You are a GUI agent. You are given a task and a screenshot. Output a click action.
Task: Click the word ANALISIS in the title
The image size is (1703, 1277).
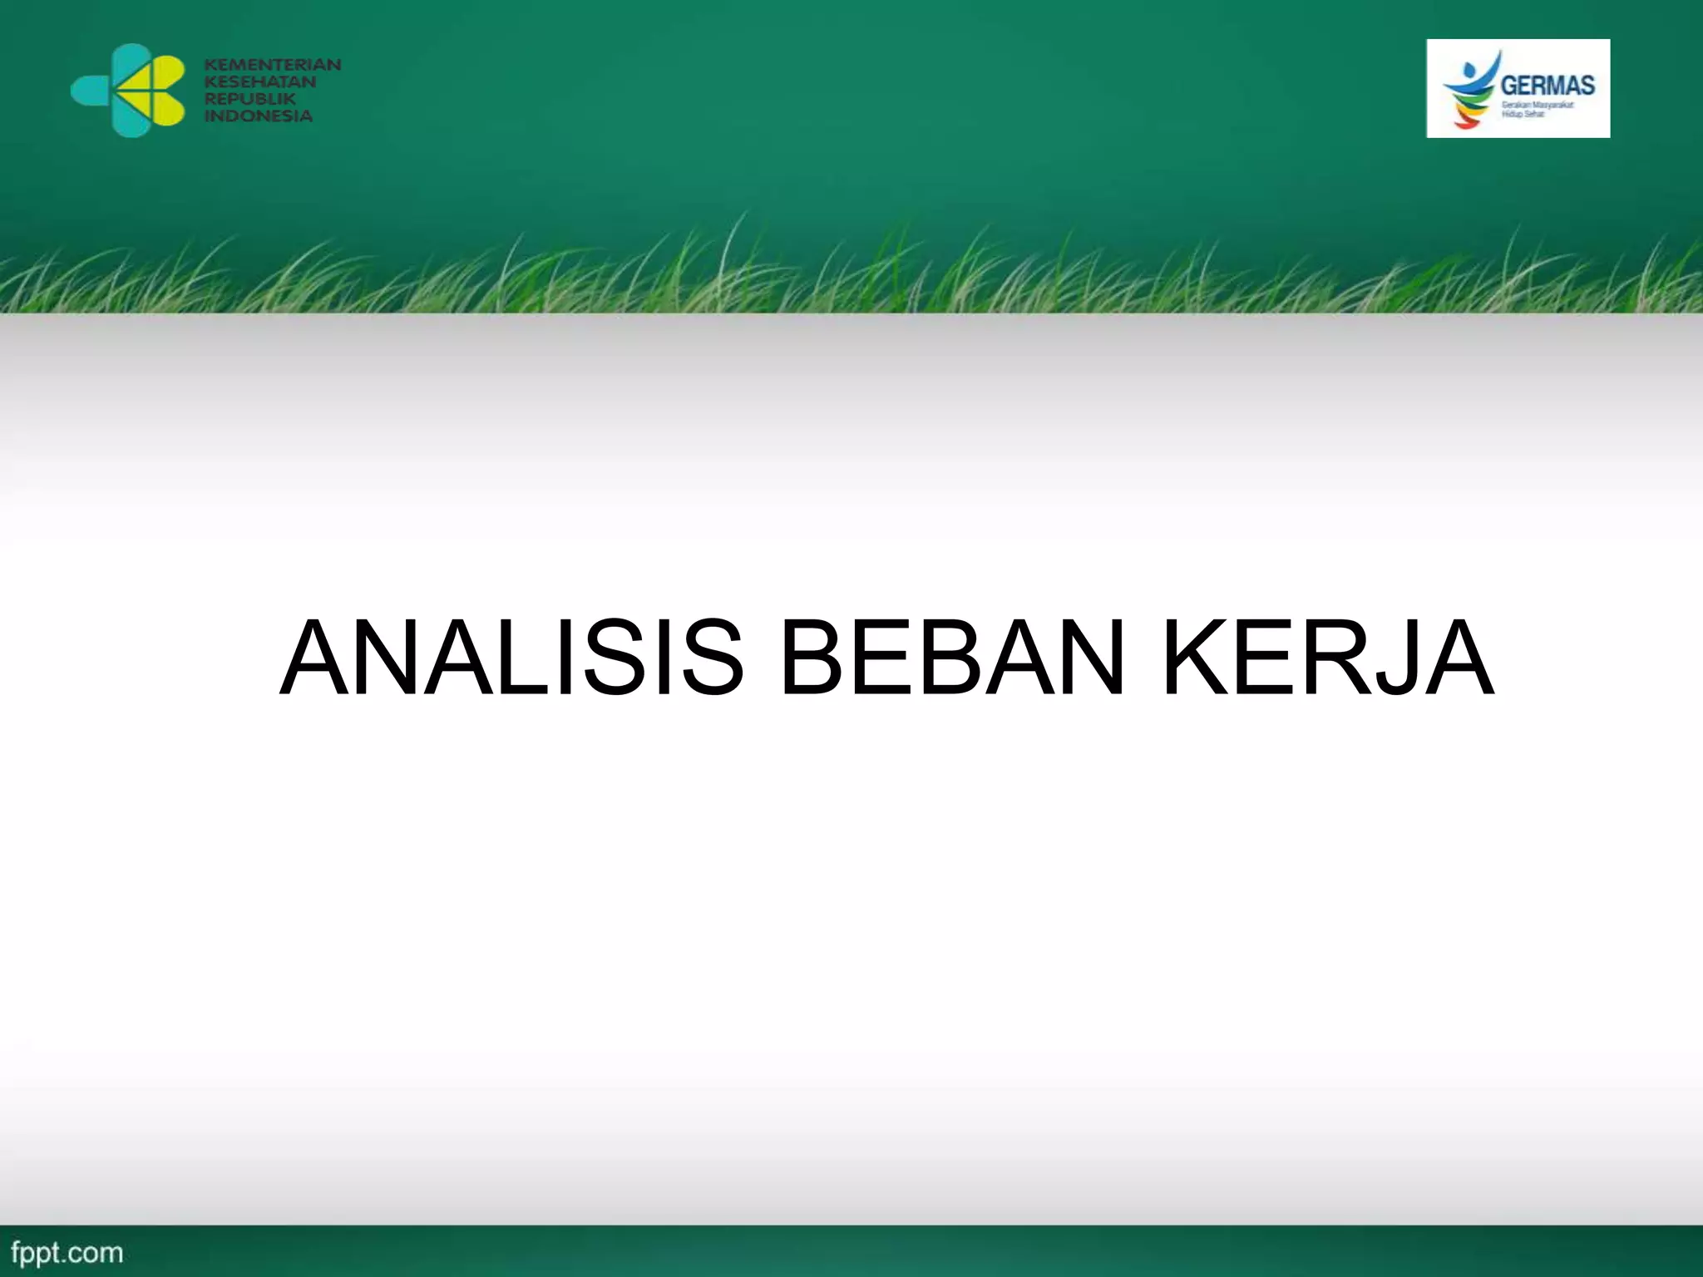point(510,657)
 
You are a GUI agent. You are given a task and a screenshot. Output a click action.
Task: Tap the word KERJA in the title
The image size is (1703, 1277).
point(1328,657)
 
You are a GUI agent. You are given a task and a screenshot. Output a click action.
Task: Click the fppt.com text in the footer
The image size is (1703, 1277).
point(67,1252)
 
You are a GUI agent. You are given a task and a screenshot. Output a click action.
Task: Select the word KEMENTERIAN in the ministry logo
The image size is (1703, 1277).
point(273,64)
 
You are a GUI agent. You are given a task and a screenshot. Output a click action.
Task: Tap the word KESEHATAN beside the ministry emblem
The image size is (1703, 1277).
point(260,81)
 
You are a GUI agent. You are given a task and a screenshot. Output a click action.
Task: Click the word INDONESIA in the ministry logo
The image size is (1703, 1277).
point(258,116)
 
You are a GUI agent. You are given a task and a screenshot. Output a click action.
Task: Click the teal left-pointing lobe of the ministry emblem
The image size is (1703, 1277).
point(91,90)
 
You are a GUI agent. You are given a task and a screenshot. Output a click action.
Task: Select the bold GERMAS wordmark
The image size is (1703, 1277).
point(1548,85)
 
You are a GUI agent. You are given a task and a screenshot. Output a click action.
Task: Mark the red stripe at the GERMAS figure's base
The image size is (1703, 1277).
point(1466,125)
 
